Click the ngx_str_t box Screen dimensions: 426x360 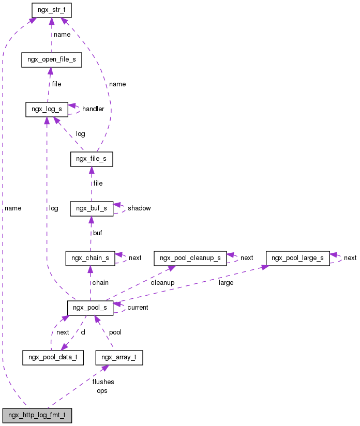[51, 9]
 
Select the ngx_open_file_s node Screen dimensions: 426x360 [51, 59]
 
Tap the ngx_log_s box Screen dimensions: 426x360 [47, 109]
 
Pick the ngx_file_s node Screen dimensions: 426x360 [91, 159]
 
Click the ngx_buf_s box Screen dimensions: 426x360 [91, 208]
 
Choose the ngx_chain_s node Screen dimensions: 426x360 [90, 258]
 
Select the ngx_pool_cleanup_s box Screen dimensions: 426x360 [190, 258]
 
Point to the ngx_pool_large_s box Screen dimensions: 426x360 [297, 258]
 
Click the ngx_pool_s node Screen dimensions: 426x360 [90, 308]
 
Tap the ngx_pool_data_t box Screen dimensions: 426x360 [53, 357]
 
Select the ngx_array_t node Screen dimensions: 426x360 [119, 357]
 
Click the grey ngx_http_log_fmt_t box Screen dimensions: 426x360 [37, 415]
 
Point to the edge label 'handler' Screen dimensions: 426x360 [93, 109]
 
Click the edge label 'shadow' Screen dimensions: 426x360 [139, 208]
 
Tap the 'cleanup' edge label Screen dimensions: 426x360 [162, 283]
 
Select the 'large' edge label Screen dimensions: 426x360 [226, 283]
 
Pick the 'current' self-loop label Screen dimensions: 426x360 [138, 308]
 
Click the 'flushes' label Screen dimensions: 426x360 [103, 382]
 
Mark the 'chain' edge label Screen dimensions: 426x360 [100, 283]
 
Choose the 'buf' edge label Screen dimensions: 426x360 [98, 233]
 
